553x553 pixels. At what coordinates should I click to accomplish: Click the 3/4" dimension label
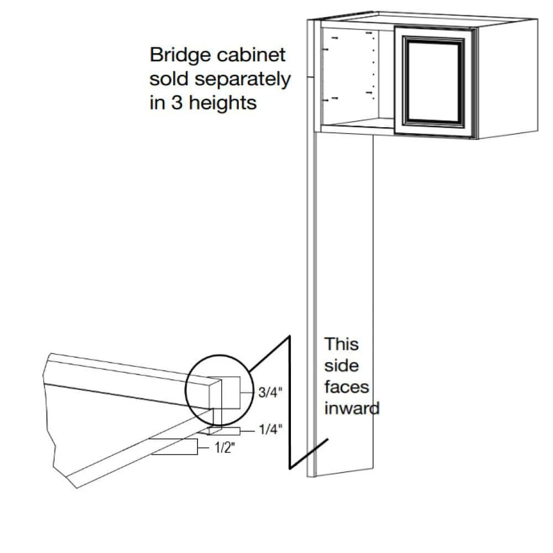(270, 393)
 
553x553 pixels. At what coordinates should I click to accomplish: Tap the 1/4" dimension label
(271, 430)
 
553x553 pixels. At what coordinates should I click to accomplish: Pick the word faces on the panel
(347, 387)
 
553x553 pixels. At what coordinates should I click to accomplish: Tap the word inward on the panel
(352, 409)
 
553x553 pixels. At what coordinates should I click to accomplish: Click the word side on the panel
(341, 366)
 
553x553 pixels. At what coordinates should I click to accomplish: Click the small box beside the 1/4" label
(225, 430)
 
